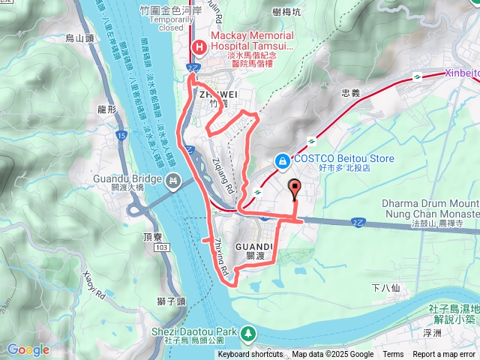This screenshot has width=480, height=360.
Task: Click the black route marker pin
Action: point(293,188)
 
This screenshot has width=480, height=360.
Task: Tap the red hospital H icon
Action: point(199,47)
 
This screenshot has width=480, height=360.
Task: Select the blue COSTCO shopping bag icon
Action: point(282,160)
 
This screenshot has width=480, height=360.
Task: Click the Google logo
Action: point(28,349)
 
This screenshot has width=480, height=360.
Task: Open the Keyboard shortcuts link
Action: point(250,355)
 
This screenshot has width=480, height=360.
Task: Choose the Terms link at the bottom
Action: point(393,355)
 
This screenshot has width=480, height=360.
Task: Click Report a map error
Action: point(445,355)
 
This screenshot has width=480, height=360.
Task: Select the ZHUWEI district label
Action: point(217,94)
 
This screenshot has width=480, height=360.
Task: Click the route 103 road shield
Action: point(162,246)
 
